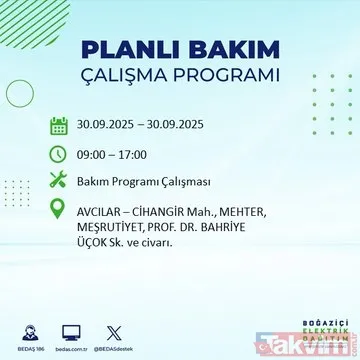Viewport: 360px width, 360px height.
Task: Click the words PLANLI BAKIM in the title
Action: pyautogui.click(x=181, y=50)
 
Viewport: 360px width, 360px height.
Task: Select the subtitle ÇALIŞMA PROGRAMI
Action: pyautogui.click(x=181, y=77)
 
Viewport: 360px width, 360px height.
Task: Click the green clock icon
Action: pyautogui.click(x=59, y=155)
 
